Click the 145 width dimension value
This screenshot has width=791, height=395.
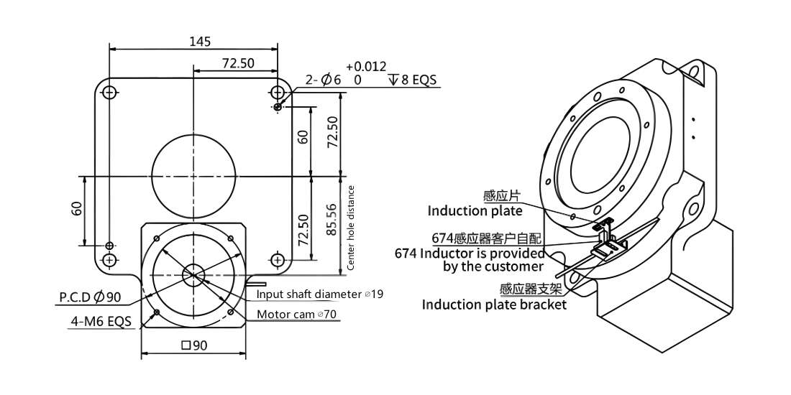(201, 42)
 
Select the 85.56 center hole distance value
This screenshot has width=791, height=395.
(332, 220)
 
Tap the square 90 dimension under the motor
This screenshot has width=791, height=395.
(194, 345)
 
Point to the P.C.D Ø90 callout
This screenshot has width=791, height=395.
(91, 297)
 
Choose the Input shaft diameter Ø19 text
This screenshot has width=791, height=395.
(320, 294)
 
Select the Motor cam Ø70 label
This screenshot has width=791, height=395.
(297, 315)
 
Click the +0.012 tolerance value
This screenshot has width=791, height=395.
(366, 67)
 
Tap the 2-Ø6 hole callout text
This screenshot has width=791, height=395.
(324, 80)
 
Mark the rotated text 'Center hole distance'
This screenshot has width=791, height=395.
(351, 228)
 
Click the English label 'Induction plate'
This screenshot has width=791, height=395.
(475, 210)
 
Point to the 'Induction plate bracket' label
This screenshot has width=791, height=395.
(495, 305)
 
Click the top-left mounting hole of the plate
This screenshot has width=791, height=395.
(109, 92)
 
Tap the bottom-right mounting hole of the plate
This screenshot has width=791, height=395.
(278, 260)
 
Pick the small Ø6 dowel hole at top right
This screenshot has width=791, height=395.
(278, 107)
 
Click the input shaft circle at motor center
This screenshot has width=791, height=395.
(193, 274)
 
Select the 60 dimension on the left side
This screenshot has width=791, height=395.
(77, 208)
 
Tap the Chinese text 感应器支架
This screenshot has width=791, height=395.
(530, 289)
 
